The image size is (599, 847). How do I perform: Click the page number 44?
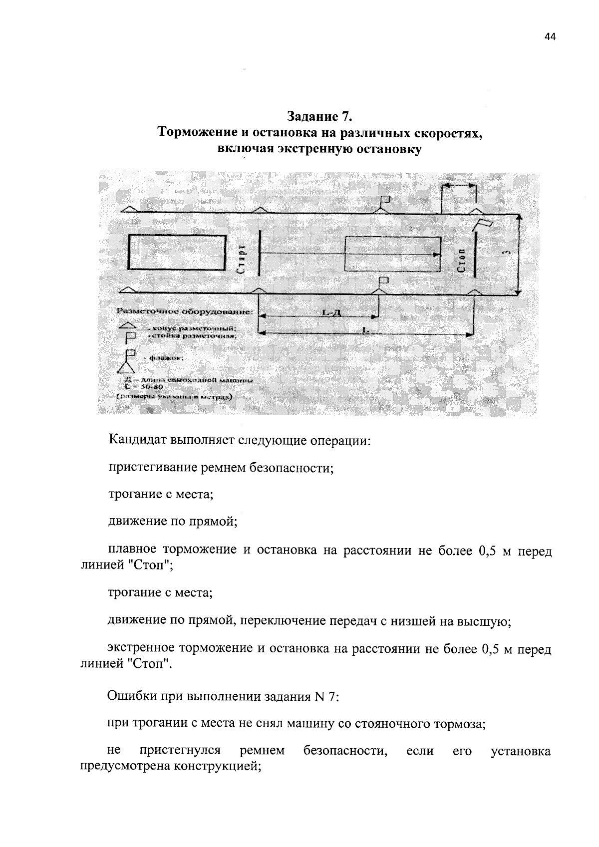coord(550,37)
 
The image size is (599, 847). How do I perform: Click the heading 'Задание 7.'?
coord(320,117)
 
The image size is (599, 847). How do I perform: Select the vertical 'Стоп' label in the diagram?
coord(462,260)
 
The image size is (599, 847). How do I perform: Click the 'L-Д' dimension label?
coord(328,313)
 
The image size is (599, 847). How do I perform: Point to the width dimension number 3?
coord(508,253)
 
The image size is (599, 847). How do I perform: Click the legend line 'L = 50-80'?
coord(142,386)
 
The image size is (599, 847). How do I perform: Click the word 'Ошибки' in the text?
coord(127,697)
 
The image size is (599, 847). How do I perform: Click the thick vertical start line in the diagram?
coord(260,253)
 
